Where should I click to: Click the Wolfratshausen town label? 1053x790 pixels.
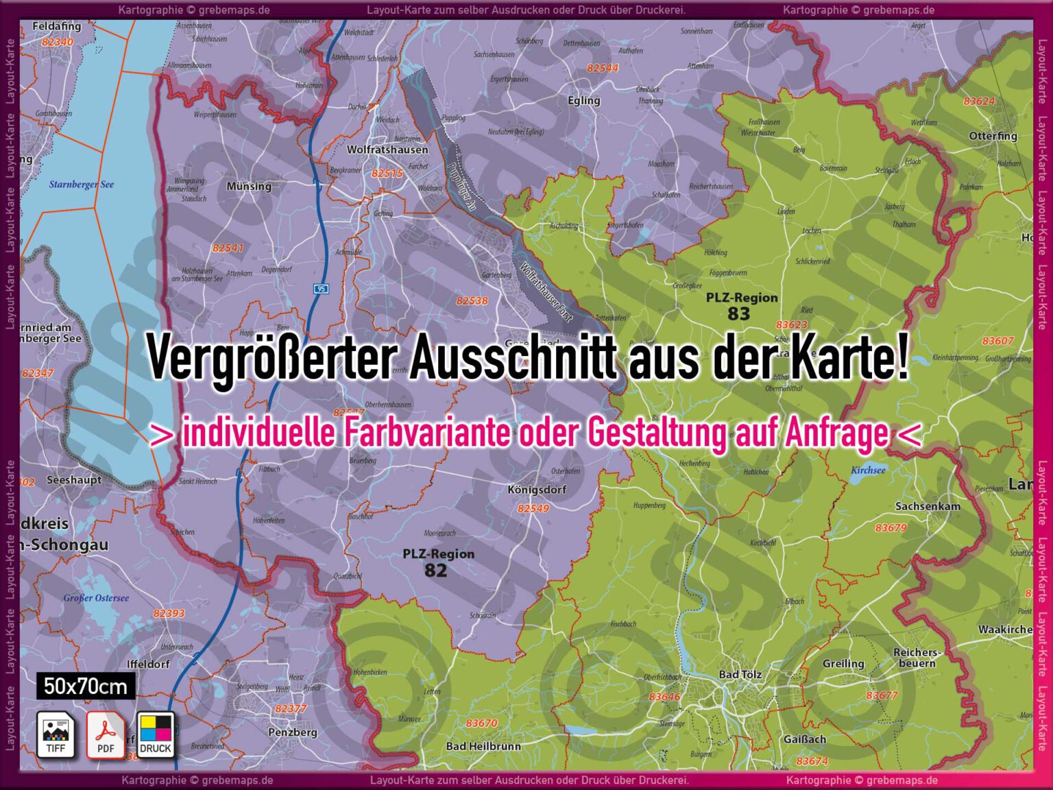[387, 149]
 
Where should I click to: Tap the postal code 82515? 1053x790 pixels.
[387, 173]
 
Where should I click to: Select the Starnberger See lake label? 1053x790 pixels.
[82, 184]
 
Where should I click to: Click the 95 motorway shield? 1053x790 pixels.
[321, 289]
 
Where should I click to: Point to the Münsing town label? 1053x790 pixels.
[249, 187]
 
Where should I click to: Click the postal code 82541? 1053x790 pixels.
[228, 248]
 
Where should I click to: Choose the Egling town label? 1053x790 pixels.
[584, 101]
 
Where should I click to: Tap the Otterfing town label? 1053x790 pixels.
[993, 136]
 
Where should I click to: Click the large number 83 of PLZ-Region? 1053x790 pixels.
[739, 314]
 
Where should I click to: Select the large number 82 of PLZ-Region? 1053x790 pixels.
[435, 570]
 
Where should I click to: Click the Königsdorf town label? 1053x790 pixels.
[537, 490]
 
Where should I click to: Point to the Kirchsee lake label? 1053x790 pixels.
[868, 470]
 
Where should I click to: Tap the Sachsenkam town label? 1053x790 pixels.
[928, 506]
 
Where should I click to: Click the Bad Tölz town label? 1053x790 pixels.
[740, 675]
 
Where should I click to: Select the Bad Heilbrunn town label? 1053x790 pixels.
[483, 746]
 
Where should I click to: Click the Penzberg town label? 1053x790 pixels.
[293, 732]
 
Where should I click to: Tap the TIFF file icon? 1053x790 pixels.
[56, 735]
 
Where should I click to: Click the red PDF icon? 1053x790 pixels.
[106, 735]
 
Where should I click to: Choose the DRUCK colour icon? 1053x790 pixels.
[156, 735]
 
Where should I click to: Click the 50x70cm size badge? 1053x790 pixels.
[86, 686]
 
